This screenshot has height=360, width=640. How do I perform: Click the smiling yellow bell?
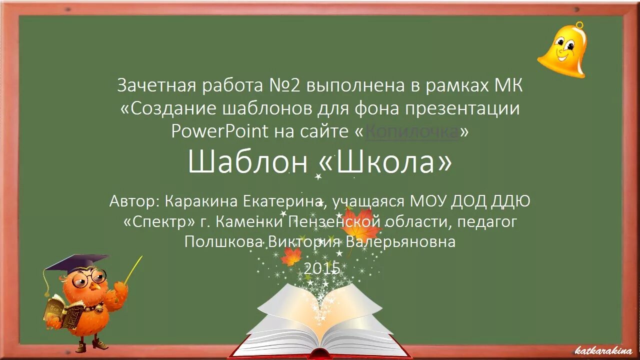(x=563, y=50)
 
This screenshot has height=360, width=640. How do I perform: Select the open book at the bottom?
(x=320, y=320)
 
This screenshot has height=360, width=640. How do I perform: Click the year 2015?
(x=322, y=268)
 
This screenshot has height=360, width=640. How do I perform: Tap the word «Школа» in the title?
(x=385, y=162)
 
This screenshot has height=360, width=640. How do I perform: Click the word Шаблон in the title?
(x=247, y=162)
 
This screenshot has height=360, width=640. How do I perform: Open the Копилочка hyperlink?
(x=411, y=131)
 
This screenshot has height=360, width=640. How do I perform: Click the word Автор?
(x=134, y=201)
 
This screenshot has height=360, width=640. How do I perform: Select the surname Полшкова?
(x=223, y=242)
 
